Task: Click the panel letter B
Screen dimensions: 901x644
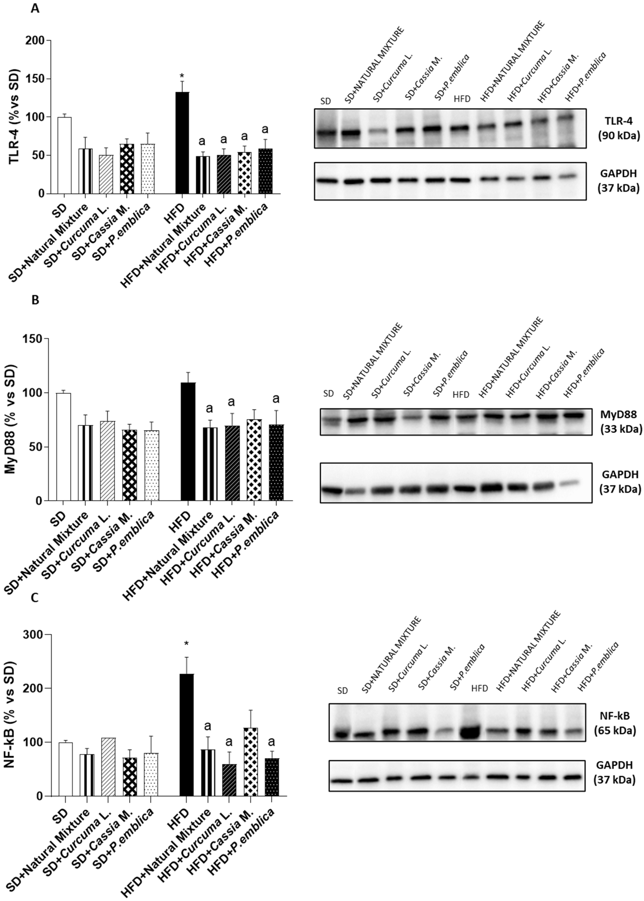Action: pos(35,300)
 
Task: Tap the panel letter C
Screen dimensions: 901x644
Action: pos(35,598)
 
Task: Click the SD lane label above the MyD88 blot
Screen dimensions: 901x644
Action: pos(328,394)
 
